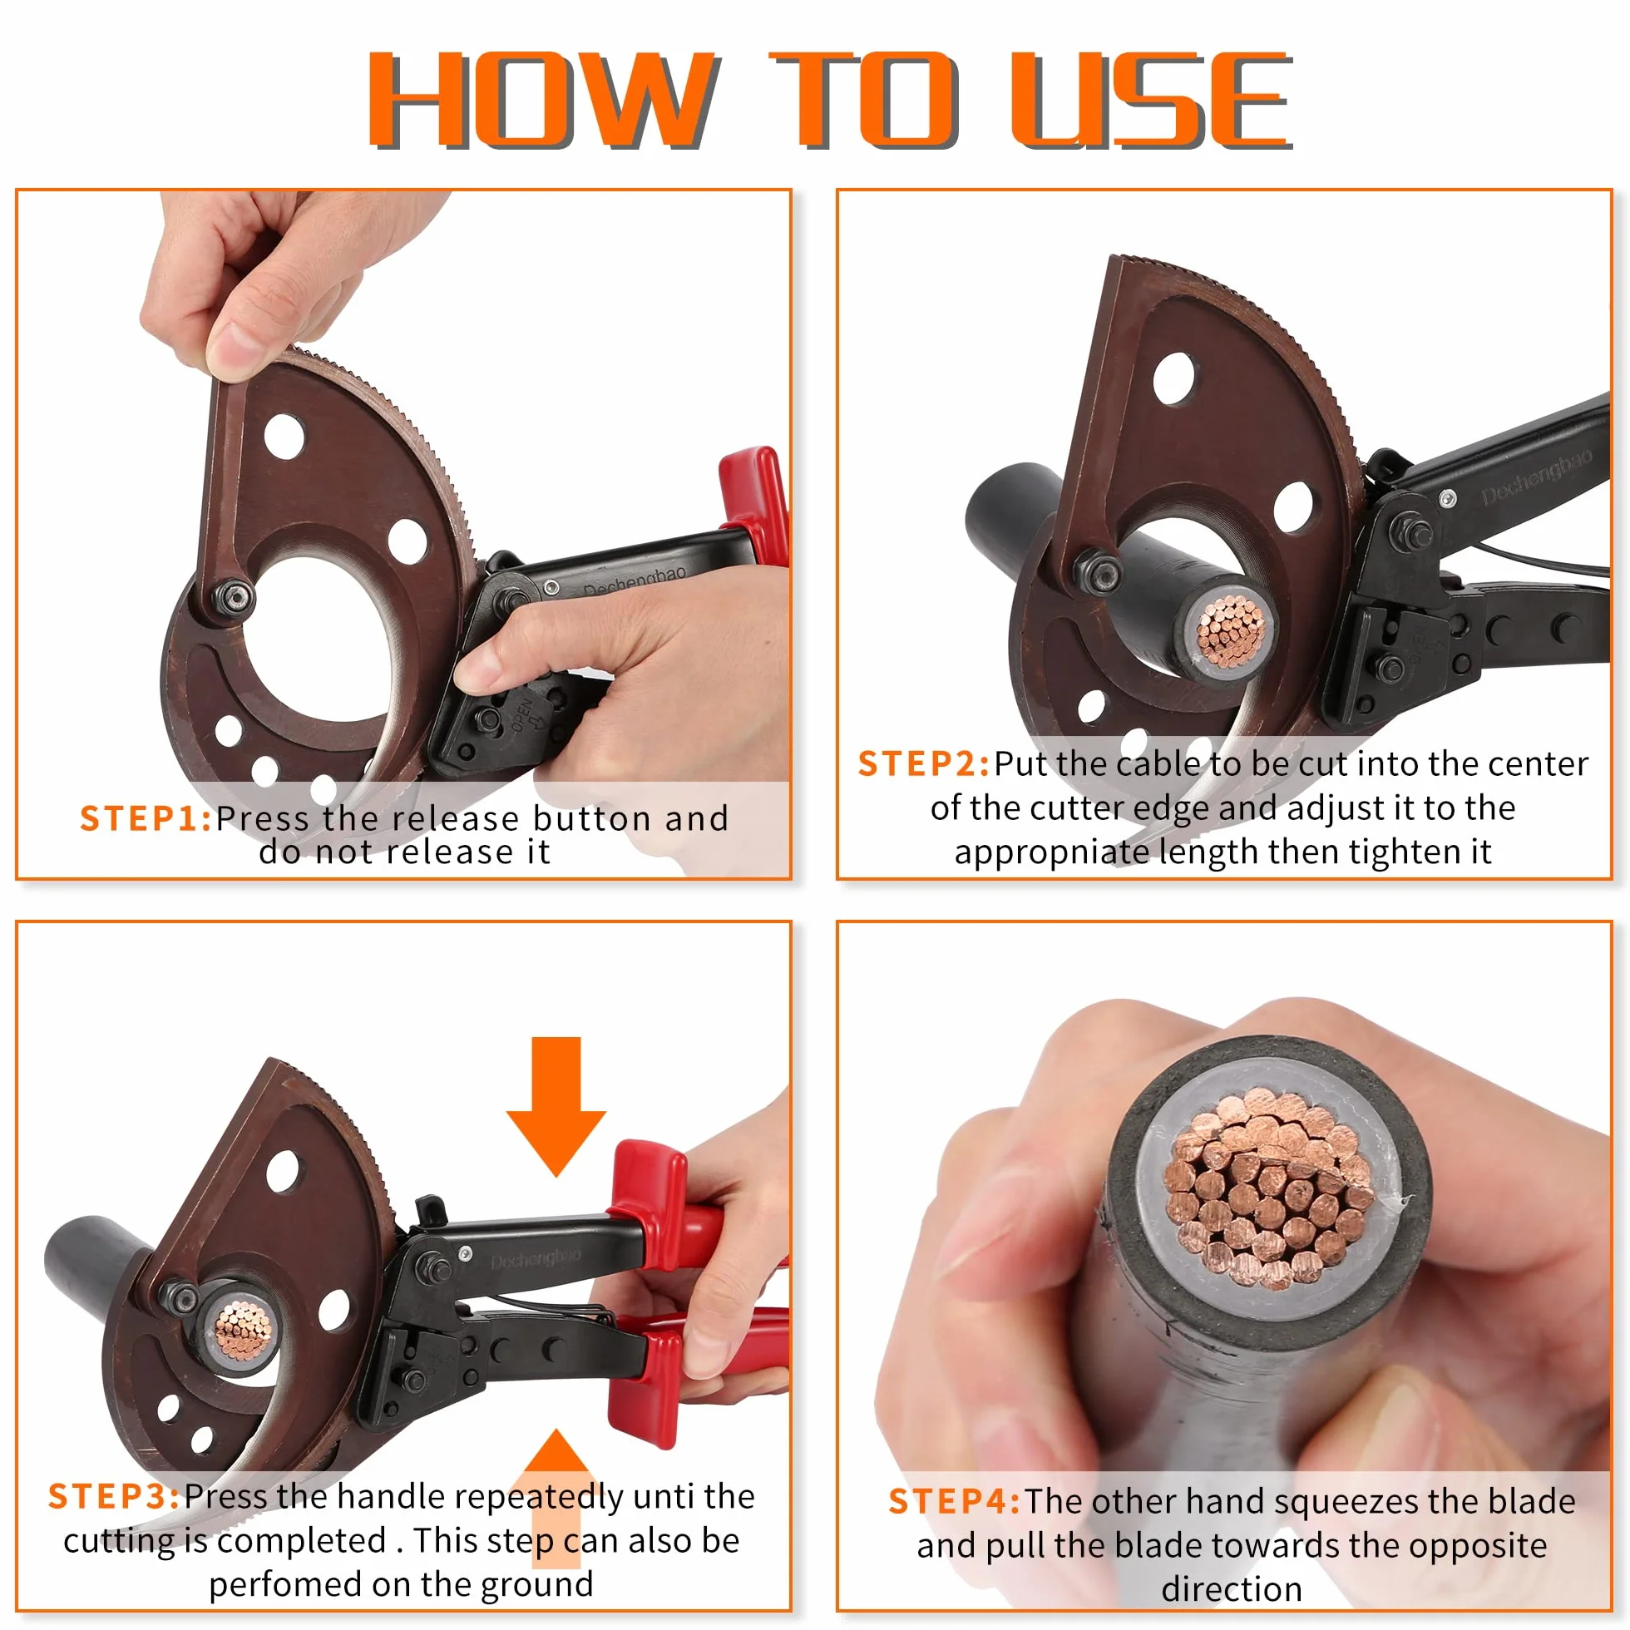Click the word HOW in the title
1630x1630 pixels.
click(543, 101)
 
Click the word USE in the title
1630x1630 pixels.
click(1153, 101)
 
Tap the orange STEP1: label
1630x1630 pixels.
click(146, 818)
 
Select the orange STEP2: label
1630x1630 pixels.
click(924, 763)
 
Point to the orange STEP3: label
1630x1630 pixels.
click(115, 1497)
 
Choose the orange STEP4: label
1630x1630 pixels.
click(955, 1502)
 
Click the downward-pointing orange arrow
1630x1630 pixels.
click(556, 1107)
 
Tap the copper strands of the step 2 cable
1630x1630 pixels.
click(1232, 629)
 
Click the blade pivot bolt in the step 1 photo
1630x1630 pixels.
click(234, 596)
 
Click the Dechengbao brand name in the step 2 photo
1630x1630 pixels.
click(1536, 477)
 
